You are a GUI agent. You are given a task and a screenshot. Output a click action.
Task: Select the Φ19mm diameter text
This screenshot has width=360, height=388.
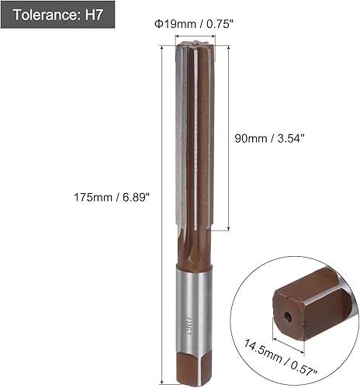(x=173, y=23)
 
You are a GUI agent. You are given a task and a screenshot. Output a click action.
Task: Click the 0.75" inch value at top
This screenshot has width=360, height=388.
(x=216, y=23)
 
